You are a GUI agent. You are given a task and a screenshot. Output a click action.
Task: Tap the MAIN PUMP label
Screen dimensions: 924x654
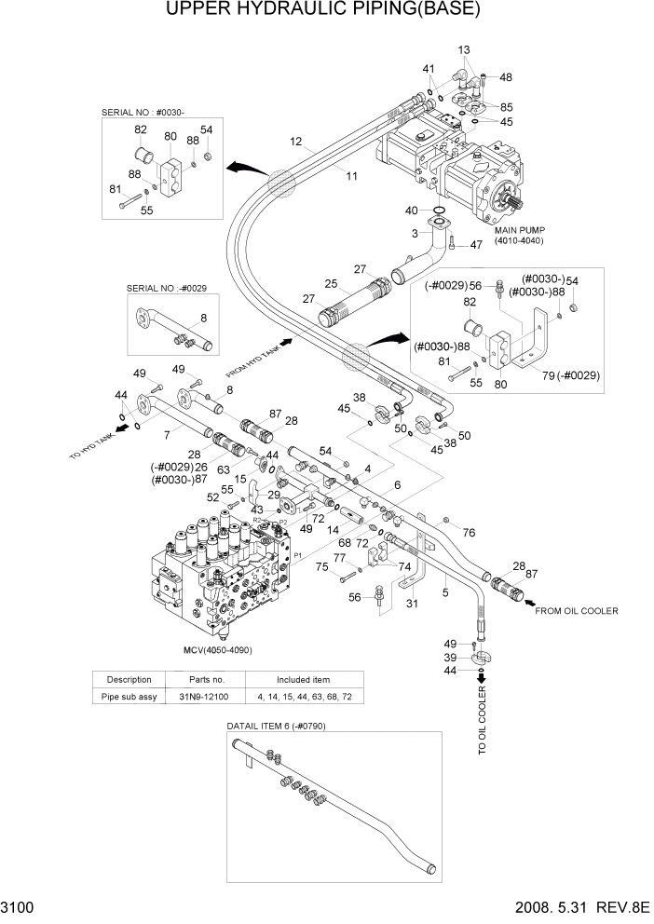(518, 230)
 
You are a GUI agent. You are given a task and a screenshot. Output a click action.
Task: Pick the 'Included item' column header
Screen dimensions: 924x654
(302, 679)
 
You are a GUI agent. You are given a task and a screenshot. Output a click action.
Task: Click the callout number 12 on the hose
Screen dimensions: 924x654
(296, 143)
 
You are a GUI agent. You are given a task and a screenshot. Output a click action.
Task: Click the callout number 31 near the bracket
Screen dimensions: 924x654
(413, 604)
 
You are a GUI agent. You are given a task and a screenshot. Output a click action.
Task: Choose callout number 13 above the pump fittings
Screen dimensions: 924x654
(464, 48)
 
